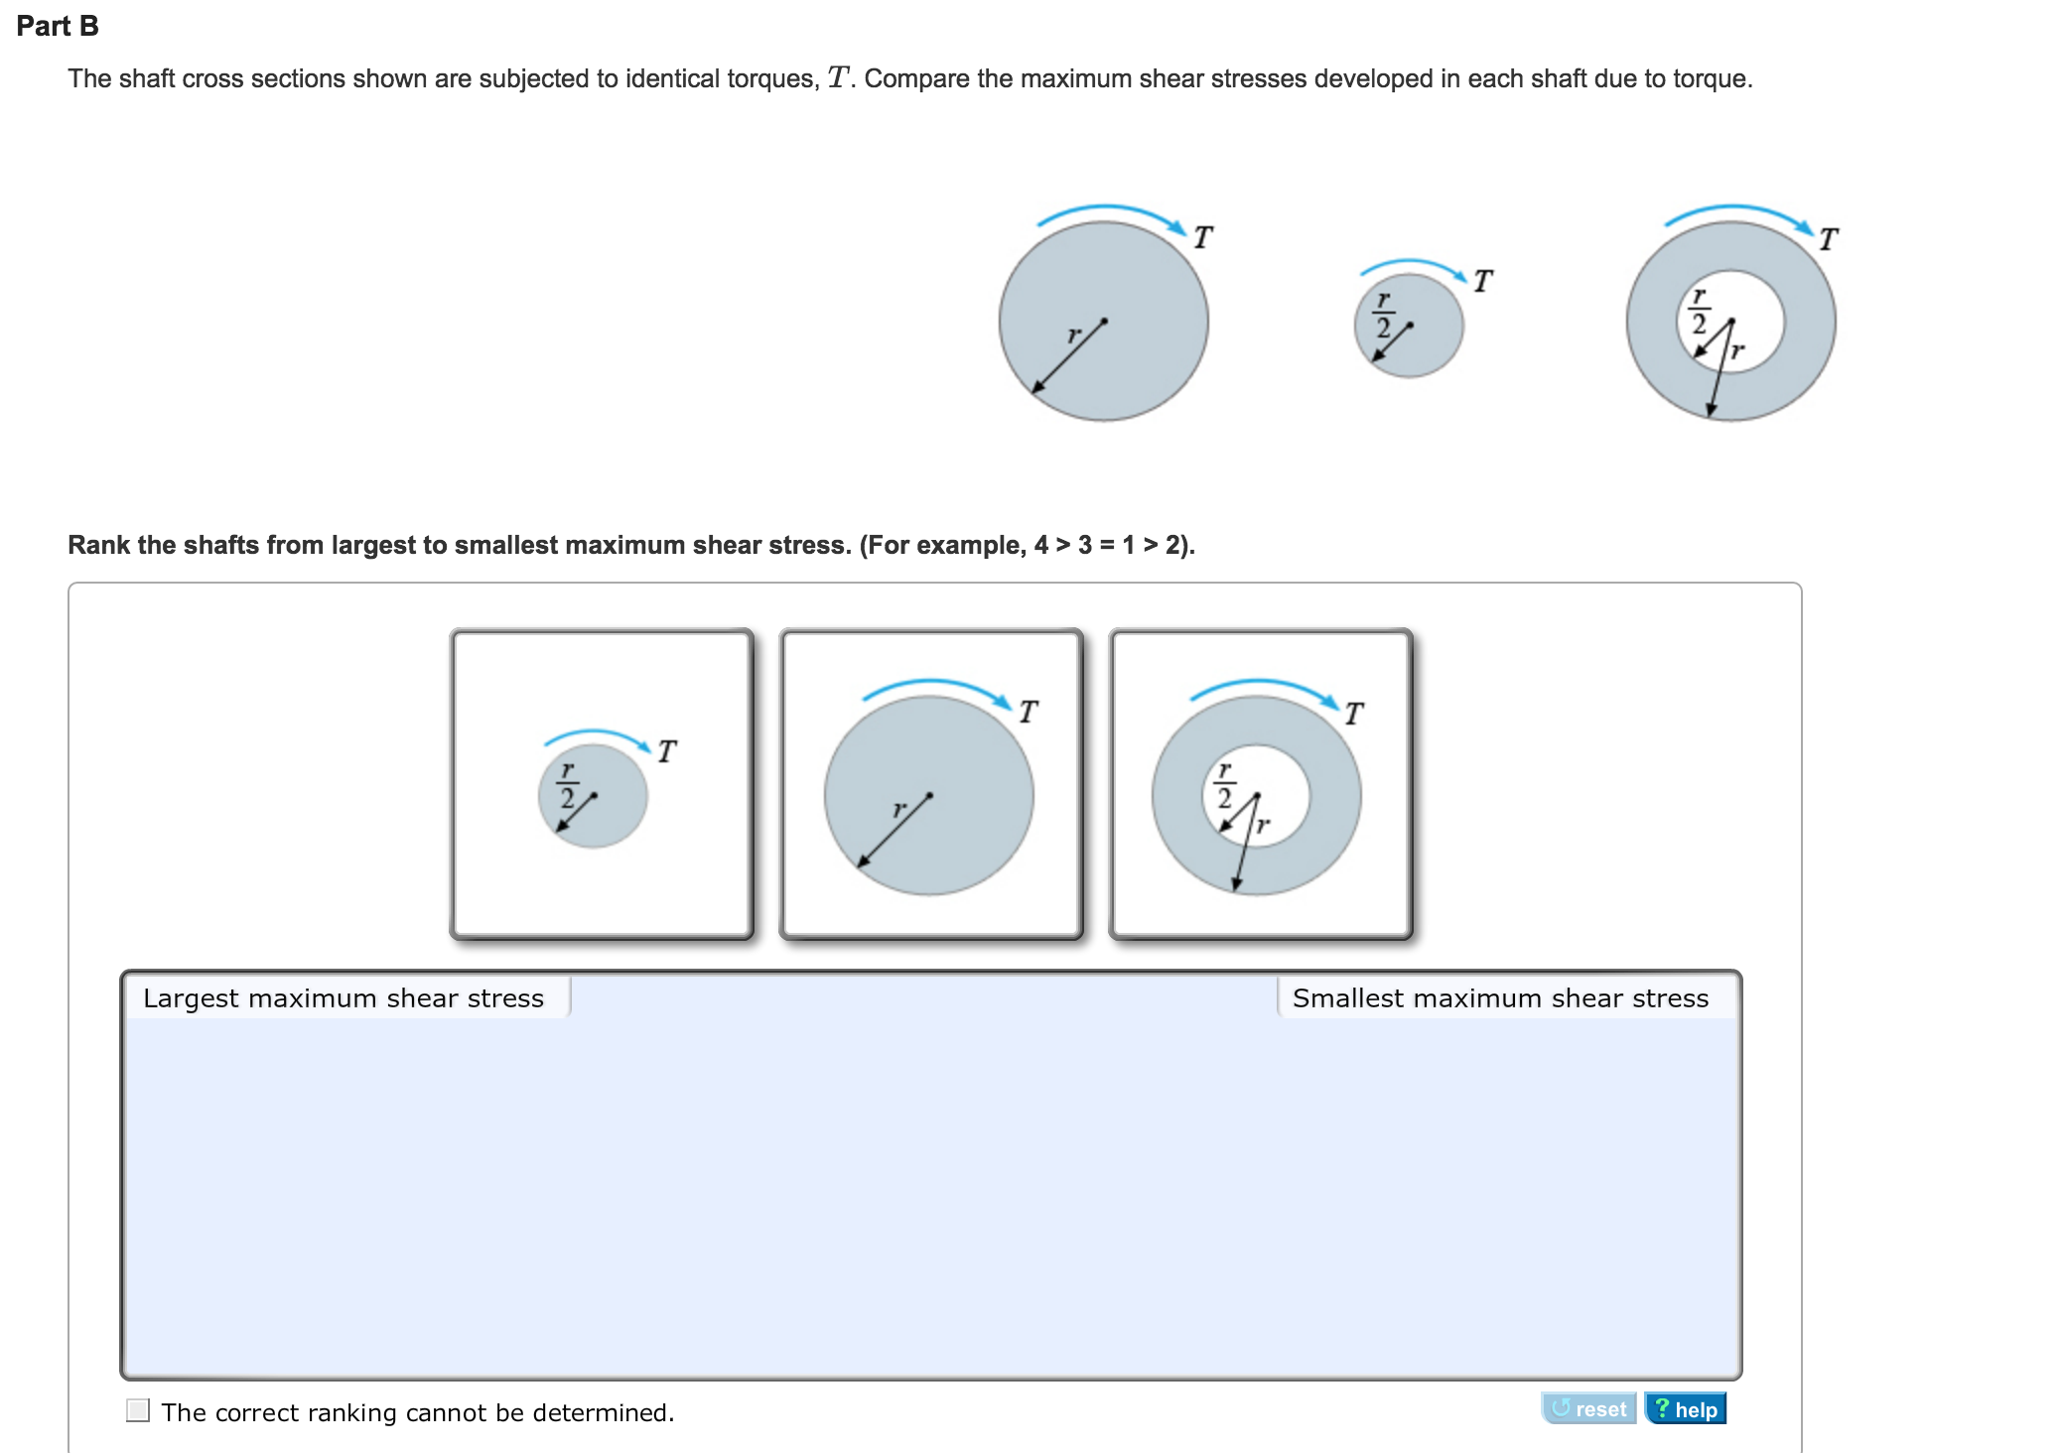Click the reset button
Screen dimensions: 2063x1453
pyautogui.click(x=1588, y=1408)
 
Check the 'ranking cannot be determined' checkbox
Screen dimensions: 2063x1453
pyautogui.click(x=138, y=1410)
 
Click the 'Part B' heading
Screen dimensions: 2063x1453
pyautogui.click(x=58, y=26)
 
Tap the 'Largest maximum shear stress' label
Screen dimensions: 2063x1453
pyautogui.click(x=344, y=997)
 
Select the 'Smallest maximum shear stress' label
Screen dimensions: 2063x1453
pyautogui.click(x=1500, y=997)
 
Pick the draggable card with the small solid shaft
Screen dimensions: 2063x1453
pyautogui.click(x=602, y=784)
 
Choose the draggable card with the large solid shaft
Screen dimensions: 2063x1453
pyautogui.click(x=931, y=784)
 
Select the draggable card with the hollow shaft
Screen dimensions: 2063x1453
pyautogui.click(x=1261, y=784)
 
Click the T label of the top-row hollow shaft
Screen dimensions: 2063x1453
pyautogui.click(x=1828, y=239)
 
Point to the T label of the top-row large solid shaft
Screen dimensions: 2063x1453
pyautogui.click(x=1202, y=237)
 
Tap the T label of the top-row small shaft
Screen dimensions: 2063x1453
pyautogui.click(x=1482, y=281)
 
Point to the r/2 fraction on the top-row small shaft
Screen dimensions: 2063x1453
pyautogui.click(x=1383, y=316)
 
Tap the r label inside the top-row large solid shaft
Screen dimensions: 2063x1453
pyautogui.click(x=1072, y=335)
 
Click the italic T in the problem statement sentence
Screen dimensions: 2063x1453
pyautogui.click(x=839, y=77)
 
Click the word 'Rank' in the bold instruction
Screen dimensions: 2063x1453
pyautogui.click(x=98, y=545)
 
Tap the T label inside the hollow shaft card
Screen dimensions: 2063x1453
pyautogui.click(x=1353, y=714)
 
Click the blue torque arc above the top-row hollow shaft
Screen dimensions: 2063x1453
pyautogui.click(x=1735, y=207)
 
